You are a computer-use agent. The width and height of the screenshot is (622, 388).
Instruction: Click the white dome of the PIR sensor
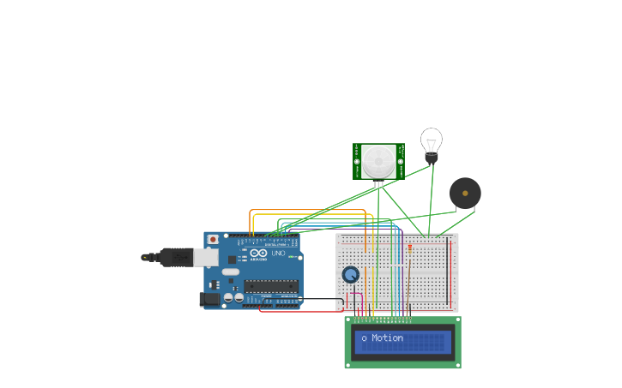point(377,161)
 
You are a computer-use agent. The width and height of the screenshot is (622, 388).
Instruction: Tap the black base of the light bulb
point(432,157)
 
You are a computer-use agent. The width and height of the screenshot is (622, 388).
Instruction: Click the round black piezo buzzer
point(465,194)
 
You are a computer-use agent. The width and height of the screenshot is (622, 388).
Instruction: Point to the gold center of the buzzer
point(465,194)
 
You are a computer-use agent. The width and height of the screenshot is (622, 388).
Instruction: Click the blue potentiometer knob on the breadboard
point(350,275)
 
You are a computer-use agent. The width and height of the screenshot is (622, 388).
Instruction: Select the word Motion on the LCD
point(387,338)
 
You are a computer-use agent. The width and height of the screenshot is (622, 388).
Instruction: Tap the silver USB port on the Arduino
point(206,257)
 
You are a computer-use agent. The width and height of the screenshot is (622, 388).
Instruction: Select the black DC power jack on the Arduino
point(208,299)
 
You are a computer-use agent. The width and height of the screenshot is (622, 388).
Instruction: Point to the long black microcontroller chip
point(270,286)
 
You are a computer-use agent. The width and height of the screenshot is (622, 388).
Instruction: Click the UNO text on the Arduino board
point(278,254)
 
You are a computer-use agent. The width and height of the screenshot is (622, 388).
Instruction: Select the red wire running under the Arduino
point(300,311)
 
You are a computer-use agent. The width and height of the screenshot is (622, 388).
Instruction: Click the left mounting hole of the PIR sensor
point(357,161)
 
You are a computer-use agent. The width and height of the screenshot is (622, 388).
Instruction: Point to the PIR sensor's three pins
point(378,183)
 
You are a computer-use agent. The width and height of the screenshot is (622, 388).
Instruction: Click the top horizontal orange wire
point(309,210)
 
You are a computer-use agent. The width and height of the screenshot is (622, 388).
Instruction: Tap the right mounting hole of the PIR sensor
point(400,161)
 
